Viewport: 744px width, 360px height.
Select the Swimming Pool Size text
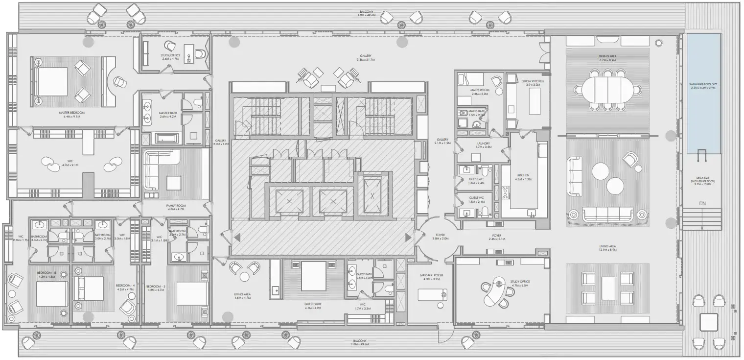(703, 86)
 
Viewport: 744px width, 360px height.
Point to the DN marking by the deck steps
(702, 203)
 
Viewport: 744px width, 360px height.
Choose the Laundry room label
(483, 145)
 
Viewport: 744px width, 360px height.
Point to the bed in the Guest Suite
(313, 276)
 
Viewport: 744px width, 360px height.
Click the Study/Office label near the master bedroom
(171, 57)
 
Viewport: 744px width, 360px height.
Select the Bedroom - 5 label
(47, 274)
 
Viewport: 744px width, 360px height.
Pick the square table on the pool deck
(708, 322)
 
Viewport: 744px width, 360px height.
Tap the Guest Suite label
(313, 306)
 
